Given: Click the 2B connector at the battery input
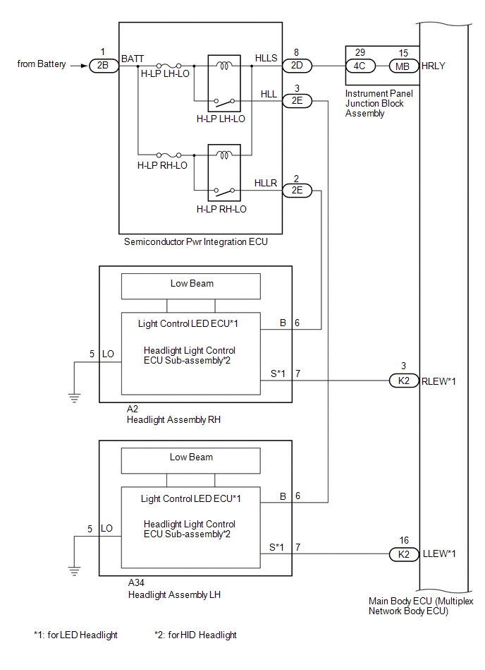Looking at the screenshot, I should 103,65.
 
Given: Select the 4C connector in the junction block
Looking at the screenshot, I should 360,66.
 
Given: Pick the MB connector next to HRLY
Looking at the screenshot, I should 403,66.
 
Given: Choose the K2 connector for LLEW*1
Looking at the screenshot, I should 403,554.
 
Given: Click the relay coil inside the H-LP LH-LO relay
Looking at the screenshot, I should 226,66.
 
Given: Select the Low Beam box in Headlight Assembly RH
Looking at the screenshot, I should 191,285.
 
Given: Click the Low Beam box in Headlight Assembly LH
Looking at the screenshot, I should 191,458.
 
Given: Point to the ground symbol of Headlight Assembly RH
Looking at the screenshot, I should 73,396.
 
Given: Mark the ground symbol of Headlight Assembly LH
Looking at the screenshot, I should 73,569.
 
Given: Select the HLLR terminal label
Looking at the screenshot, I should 265,183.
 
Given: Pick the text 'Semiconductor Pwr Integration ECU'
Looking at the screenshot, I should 196,242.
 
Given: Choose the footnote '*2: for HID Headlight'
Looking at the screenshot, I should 195,635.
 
